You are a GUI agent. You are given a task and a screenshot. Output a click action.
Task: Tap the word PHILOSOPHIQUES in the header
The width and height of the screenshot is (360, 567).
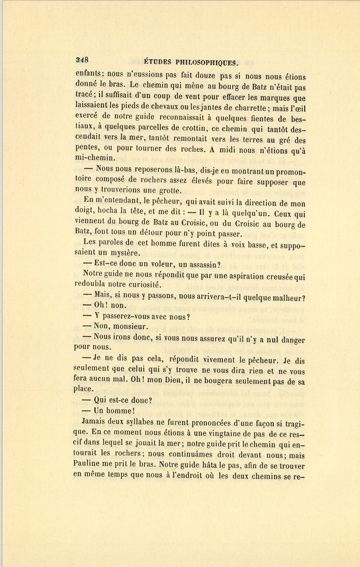pyautogui.click(x=207, y=62)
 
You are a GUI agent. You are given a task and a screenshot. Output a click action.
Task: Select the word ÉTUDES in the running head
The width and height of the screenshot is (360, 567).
pyautogui.click(x=158, y=62)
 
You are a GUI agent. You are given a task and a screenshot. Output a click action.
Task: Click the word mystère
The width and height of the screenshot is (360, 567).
pyautogui.click(x=124, y=253)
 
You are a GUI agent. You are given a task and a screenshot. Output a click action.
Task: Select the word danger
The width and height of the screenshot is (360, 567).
pyautogui.click(x=292, y=340)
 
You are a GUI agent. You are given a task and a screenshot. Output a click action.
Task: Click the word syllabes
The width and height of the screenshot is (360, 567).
pyautogui.click(x=138, y=421)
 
